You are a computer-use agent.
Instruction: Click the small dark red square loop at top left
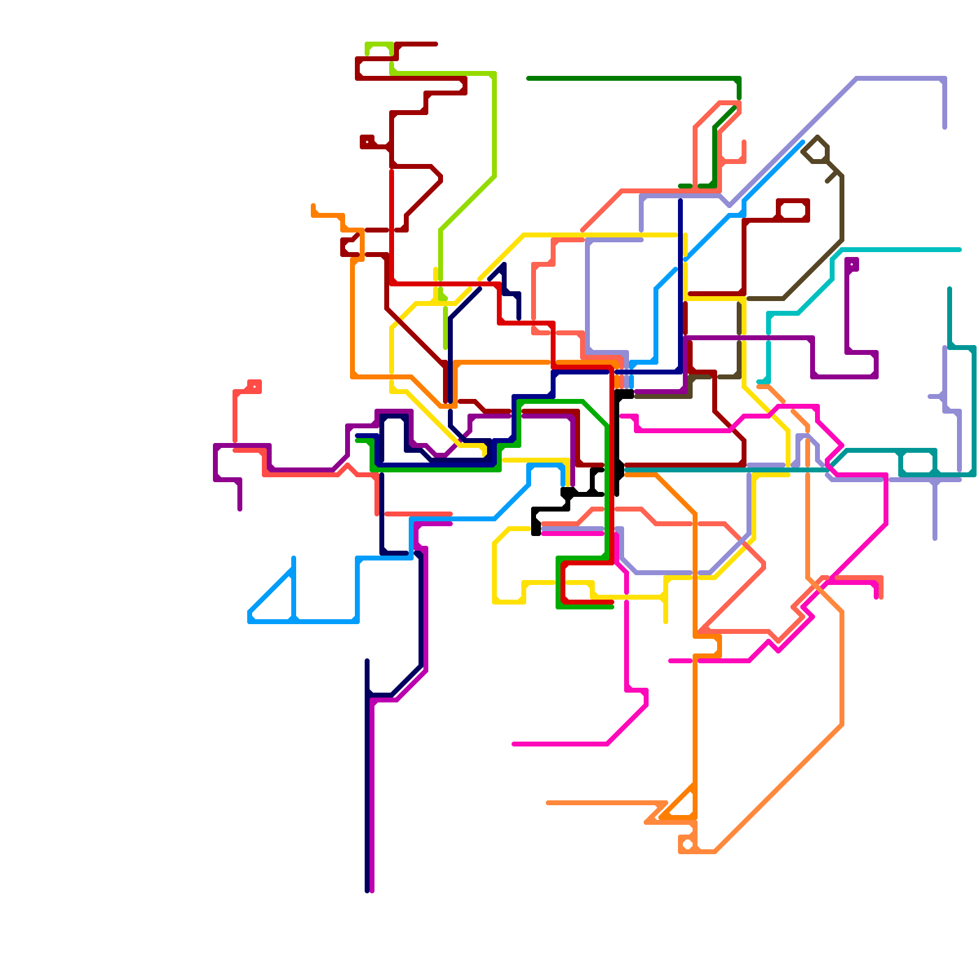click(367, 141)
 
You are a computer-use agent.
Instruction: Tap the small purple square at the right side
click(851, 264)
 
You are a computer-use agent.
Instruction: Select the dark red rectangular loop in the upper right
click(793, 210)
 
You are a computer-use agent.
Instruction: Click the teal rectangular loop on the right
click(918, 462)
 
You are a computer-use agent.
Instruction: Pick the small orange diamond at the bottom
click(687, 844)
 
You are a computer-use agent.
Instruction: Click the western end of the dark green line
click(528, 78)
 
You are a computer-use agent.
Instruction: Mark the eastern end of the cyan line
click(960, 250)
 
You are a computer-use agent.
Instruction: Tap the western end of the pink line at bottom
click(513, 744)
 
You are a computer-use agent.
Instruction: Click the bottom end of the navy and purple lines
click(370, 891)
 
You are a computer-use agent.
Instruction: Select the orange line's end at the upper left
click(313, 206)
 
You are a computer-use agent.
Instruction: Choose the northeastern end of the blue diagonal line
click(803, 142)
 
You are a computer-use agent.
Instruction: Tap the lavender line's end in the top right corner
click(945, 127)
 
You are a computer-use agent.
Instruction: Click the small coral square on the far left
click(255, 387)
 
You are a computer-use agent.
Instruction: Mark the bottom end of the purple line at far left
click(240, 509)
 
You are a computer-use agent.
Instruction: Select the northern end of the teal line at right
click(950, 288)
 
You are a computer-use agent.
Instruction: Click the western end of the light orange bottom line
click(548, 803)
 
